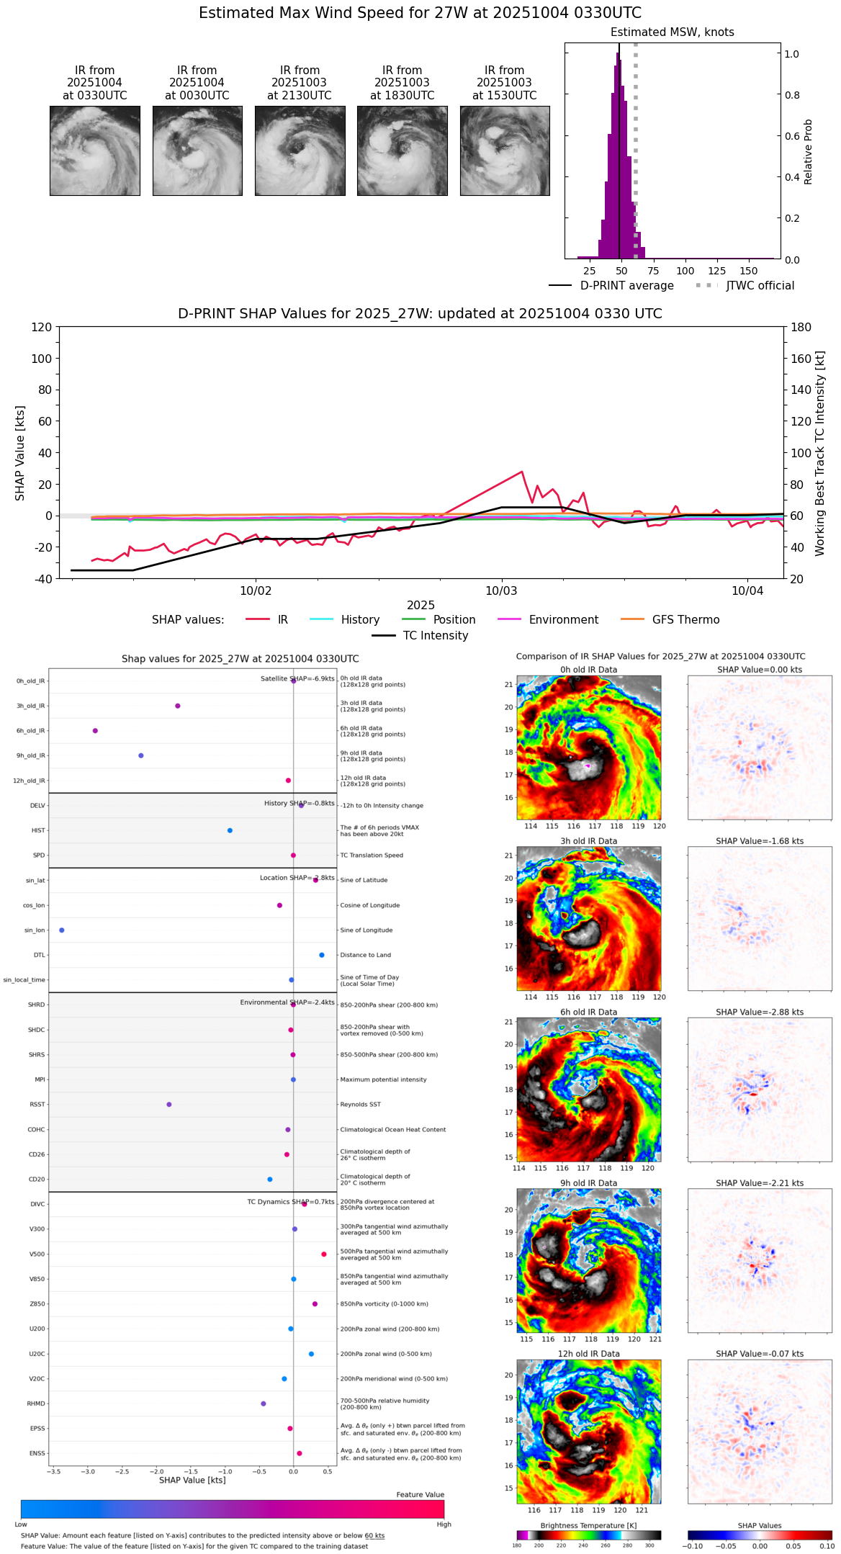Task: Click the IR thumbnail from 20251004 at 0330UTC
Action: (x=94, y=151)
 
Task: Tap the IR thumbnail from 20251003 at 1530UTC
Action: (x=505, y=151)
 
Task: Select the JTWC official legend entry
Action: (x=760, y=286)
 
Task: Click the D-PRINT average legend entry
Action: (x=626, y=286)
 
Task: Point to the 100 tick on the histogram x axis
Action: (x=685, y=271)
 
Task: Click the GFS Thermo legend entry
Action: (x=685, y=620)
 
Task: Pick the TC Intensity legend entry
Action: (x=435, y=636)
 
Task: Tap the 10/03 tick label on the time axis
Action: (x=501, y=591)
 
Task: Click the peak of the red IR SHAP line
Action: (x=521, y=472)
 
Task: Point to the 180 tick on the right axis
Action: (x=801, y=328)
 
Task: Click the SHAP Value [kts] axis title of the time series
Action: (x=20, y=453)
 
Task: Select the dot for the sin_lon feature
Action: (x=62, y=930)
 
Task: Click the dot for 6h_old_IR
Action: (x=95, y=731)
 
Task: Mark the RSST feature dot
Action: (x=169, y=1105)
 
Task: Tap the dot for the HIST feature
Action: (x=230, y=830)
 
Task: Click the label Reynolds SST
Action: (x=360, y=1105)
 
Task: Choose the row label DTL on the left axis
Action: (x=39, y=956)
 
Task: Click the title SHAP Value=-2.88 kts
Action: (x=760, y=1012)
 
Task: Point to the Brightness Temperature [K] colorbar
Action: (x=588, y=1535)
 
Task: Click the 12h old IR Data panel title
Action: (x=588, y=1354)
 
